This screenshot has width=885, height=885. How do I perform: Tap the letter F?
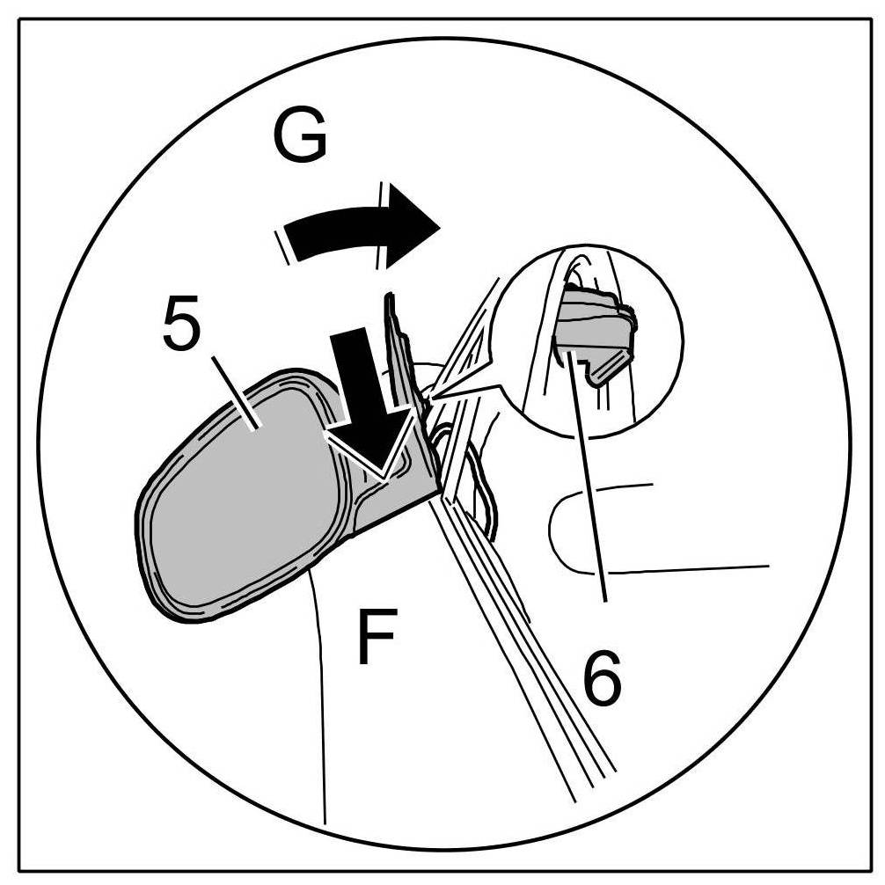(x=377, y=635)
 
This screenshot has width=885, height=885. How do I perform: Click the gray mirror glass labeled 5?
(x=238, y=493)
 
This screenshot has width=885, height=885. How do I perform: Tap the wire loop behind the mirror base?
(x=484, y=493)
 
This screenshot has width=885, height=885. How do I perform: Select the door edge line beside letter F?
(x=321, y=704)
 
